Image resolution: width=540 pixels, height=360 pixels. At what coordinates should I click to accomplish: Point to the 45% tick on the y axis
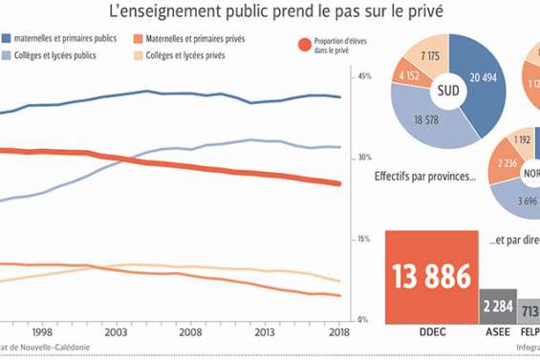point(363,76)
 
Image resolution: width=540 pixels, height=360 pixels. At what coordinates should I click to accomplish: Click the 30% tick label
point(363,158)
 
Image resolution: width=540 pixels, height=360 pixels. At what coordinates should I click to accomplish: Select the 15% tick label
point(363,239)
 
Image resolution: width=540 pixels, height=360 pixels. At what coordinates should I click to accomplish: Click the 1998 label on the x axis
point(41,333)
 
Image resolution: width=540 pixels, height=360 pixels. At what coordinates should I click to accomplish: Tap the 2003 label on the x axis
point(117,333)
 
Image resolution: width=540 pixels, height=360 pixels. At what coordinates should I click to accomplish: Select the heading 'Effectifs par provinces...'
point(425,177)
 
